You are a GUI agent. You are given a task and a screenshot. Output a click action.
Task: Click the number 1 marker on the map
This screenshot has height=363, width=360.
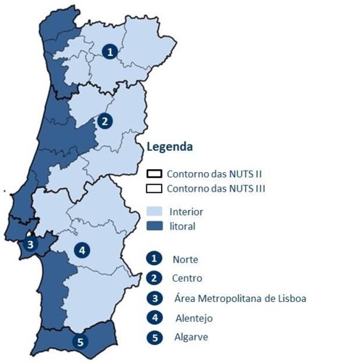[x=109, y=52]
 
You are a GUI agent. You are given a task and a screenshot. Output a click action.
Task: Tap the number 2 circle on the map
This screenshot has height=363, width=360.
[x=105, y=121]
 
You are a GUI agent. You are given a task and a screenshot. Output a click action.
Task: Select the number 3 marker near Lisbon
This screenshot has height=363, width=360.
[x=29, y=244]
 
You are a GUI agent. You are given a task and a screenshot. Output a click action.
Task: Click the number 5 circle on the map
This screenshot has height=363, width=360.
[x=80, y=340]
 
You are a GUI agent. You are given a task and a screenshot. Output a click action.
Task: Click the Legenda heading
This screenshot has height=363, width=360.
[x=169, y=147]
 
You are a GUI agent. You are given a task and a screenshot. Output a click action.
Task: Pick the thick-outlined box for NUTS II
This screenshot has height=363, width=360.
[x=154, y=174]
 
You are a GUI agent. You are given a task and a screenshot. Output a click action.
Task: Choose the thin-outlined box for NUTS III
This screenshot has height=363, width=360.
[x=154, y=189]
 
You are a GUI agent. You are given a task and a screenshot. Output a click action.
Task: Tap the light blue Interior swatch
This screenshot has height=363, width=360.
[x=154, y=212]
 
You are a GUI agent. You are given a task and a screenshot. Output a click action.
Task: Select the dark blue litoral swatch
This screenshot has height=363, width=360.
[x=154, y=227]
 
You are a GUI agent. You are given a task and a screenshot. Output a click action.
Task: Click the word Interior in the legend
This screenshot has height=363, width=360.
[x=186, y=212]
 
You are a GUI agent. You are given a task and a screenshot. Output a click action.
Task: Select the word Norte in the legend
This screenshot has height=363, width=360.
[x=185, y=259]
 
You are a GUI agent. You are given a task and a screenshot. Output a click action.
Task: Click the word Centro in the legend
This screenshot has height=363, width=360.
[x=187, y=278]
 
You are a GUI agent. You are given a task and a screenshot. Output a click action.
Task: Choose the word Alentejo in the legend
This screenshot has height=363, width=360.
[x=193, y=318]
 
